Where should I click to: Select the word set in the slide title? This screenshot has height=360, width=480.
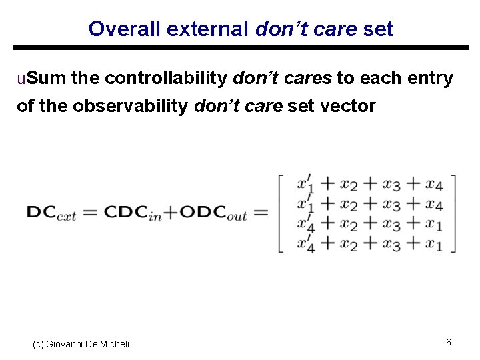pos(377,29)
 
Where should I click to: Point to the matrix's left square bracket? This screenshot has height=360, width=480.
pos(281,213)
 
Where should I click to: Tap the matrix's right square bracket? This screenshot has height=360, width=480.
pos(453,213)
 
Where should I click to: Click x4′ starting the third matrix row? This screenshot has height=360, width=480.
pos(306,223)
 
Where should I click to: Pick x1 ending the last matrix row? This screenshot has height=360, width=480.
pos(434,243)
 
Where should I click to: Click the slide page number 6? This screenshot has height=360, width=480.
pos(449,342)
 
